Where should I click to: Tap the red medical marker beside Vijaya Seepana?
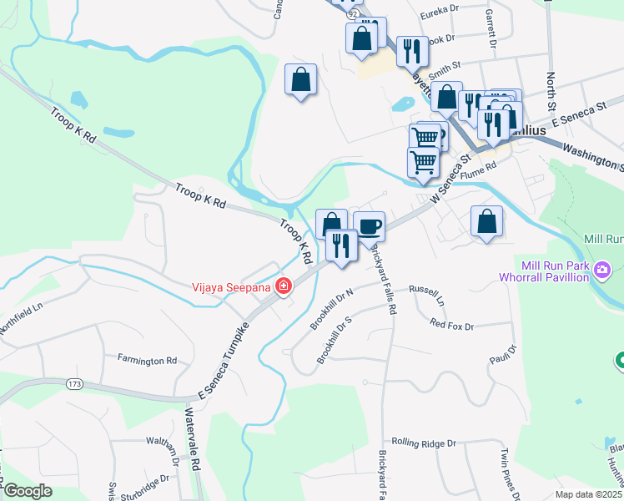[x=284, y=286]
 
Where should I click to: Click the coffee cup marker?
[x=369, y=225]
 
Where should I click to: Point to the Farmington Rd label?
[x=147, y=361]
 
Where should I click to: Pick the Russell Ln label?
[x=426, y=293]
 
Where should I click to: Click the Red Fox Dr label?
[x=451, y=325]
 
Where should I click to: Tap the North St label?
[x=551, y=92]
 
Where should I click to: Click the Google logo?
[x=28, y=491]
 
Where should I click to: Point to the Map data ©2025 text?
[x=587, y=494]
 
